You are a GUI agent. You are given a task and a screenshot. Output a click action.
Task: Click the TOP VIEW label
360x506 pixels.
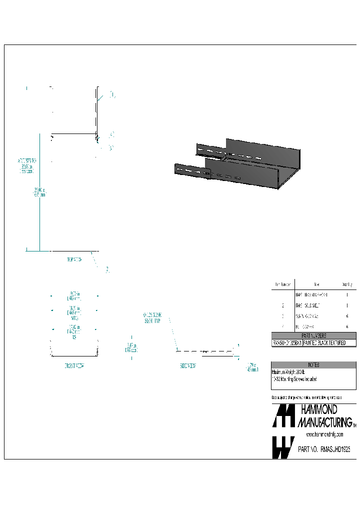tap(74, 259)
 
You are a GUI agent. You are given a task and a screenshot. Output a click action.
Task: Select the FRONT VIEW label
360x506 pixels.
tap(74, 365)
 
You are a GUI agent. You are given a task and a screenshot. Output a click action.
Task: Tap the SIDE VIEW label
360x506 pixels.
tap(188, 365)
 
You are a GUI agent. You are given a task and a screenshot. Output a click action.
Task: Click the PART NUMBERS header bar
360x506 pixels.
tap(314, 336)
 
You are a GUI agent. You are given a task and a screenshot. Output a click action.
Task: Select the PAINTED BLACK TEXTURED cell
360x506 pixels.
tap(329, 343)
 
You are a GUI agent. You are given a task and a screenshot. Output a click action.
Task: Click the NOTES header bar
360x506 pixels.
tap(314, 365)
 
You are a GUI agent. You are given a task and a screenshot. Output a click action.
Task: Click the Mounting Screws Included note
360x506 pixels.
tap(294, 379)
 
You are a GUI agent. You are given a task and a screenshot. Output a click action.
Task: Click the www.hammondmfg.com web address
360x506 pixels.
tap(324, 434)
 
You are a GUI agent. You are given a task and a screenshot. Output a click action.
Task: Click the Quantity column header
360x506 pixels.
tap(346, 284)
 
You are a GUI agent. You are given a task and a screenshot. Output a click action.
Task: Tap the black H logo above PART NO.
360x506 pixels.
tap(283, 416)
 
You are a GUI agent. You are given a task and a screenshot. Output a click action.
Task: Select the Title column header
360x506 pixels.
tap(316, 284)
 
